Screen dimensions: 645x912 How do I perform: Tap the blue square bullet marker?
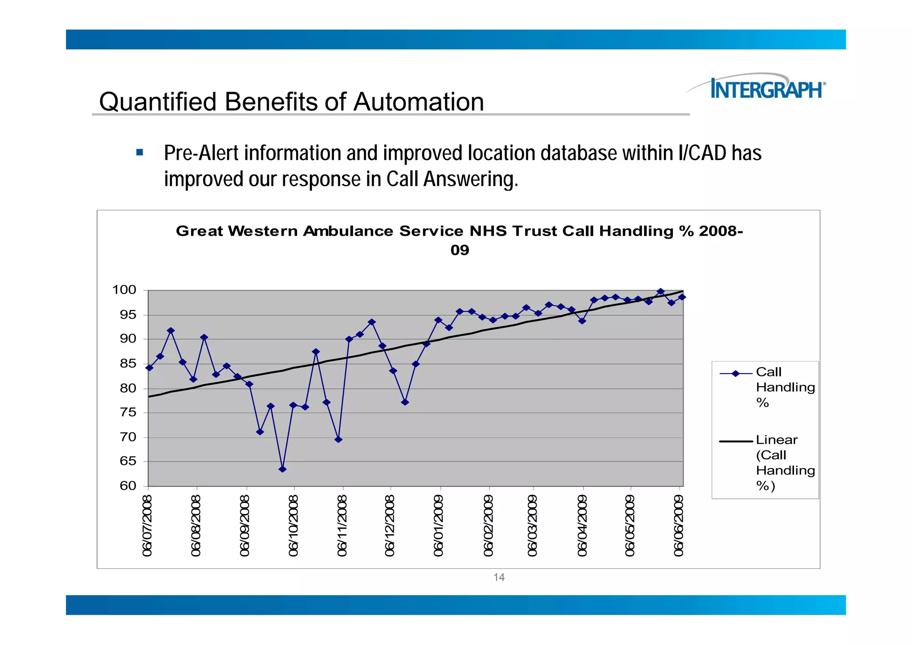(x=140, y=153)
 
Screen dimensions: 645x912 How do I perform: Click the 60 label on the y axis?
(x=128, y=486)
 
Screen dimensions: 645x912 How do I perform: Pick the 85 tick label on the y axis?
(x=128, y=363)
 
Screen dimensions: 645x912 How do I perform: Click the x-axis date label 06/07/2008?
(x=148, y=526)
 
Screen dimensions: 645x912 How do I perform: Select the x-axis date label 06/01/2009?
(x=439, y=526)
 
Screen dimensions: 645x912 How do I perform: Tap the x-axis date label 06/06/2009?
(x=679, y=526)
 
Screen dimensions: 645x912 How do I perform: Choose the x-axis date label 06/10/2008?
(x=293, y=526)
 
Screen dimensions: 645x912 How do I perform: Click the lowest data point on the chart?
(x=282, y=469)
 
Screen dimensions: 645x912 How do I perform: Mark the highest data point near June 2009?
(x=660, y=292)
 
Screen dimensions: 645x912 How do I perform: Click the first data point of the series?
(x=149, y=368)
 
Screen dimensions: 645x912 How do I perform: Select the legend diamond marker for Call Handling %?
(x=736, y=374)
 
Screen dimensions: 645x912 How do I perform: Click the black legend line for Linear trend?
(x=736, y=441)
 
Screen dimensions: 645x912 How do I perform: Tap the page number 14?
(x=499, y=577)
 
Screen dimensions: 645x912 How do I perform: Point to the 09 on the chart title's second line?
(x=460, y=250)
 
